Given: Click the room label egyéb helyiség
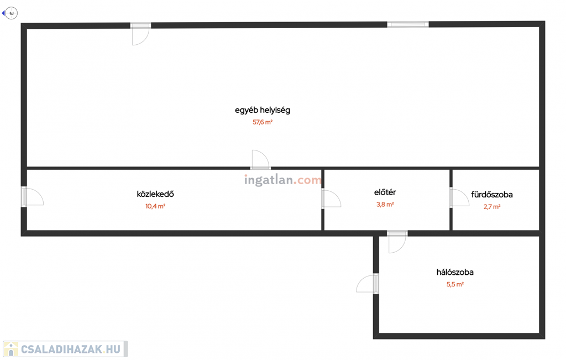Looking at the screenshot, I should click(x=262, y=110).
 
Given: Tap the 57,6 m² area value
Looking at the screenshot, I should click(x=263, y=122).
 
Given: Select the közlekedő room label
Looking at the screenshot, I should click(x=155, y=194).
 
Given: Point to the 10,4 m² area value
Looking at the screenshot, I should click(x=155, y=206).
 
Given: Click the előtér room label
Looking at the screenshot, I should click(x=385, y=192).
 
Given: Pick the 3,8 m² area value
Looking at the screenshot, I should click(x=385, y=205).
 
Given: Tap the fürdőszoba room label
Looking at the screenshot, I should click(x=492, y=195).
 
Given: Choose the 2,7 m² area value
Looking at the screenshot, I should click(x=492, y=207).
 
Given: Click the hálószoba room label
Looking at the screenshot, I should click(x=455, y=272).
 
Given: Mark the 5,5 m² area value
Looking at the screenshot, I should click(x=455, y=284).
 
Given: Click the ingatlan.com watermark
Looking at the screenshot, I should click(x=283, y=180).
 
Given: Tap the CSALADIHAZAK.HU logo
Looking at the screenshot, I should click(x=65, y=349).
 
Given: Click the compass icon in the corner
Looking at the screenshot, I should click(x=11, y=13).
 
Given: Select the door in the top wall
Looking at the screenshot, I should click(x=140, y=33).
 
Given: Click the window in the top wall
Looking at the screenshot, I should click(x=408, y=24).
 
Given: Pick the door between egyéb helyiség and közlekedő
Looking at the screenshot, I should click(x=260, y=160).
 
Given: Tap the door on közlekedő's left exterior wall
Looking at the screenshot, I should click(x=32, y=197).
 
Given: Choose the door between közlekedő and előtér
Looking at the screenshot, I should click(x=331, y=199).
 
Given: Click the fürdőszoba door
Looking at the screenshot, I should click(x=459, y=198).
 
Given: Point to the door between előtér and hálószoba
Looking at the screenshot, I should click(x=397, y=242).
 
